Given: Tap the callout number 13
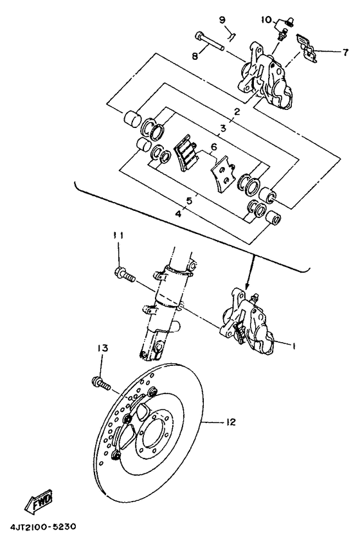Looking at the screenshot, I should tap(101, 348).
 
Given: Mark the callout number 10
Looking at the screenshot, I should tap(266, 19).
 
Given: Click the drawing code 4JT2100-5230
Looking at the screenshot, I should tap(43, 527).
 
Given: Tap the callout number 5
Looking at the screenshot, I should tap(188, 201).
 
